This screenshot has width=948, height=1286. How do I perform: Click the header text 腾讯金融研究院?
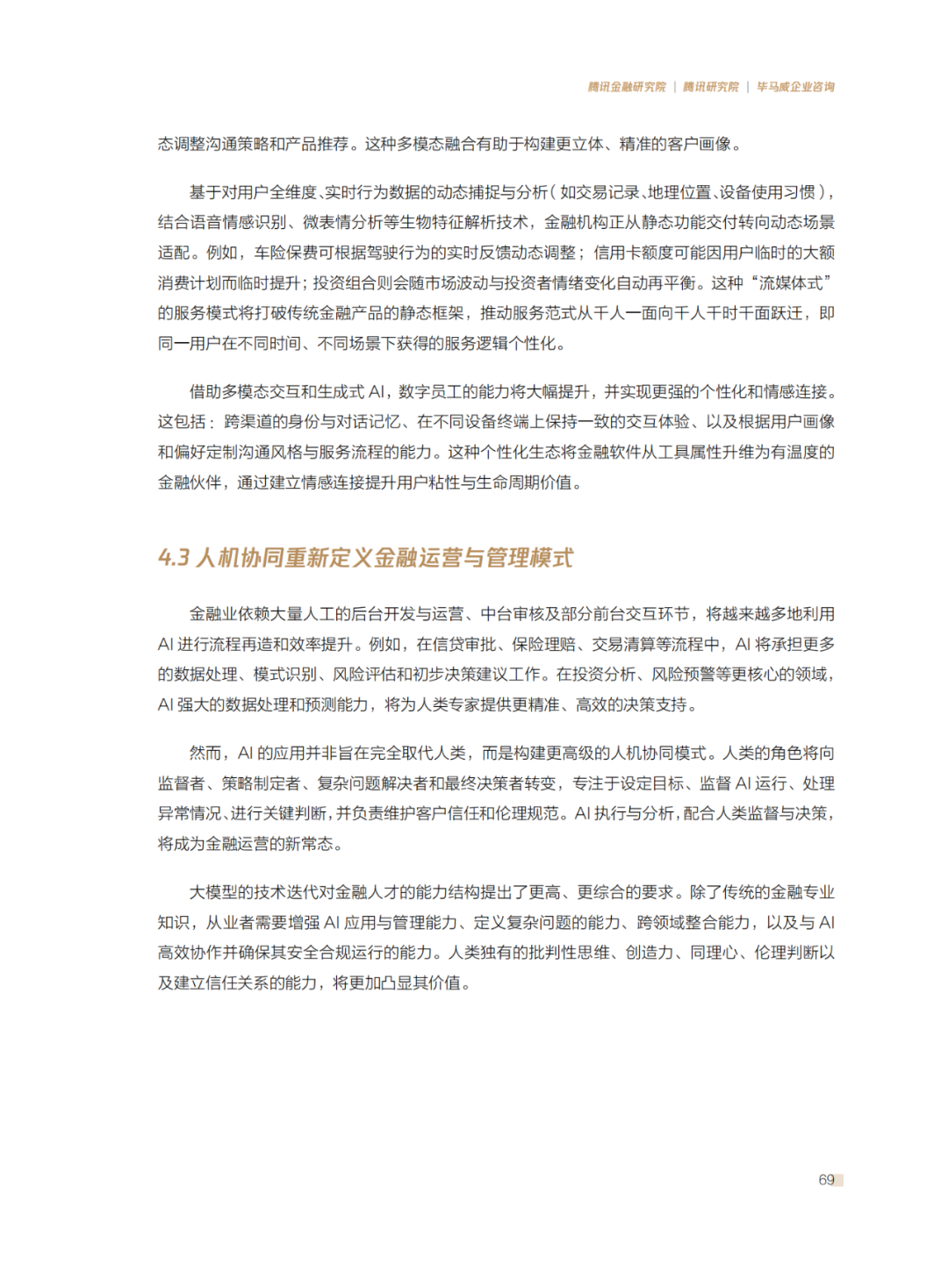[x=627, y=87]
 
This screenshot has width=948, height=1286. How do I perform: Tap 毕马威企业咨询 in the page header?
[x=795, y=87]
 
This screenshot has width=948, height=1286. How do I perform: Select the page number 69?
[x=826, y=1180]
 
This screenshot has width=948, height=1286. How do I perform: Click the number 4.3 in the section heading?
[x=174, y=558]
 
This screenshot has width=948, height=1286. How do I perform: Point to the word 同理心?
[x=714, y=953]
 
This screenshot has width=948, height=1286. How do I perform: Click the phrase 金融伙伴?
[x=190, y=482]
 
